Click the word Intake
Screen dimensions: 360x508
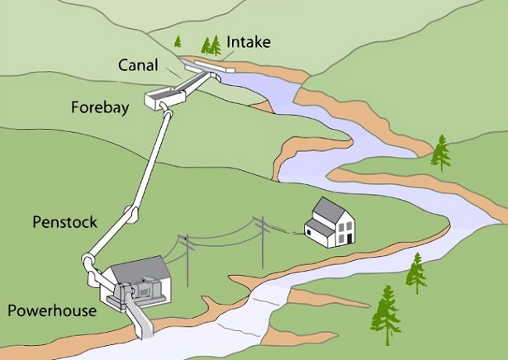click(247, 40)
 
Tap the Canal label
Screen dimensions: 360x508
click(139, 64)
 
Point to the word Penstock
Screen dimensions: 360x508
click(64, 222)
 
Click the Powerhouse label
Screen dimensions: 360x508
click(52, 310)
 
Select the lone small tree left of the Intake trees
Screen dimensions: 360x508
click(178, 40)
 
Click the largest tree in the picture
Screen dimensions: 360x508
click(384, 314)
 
